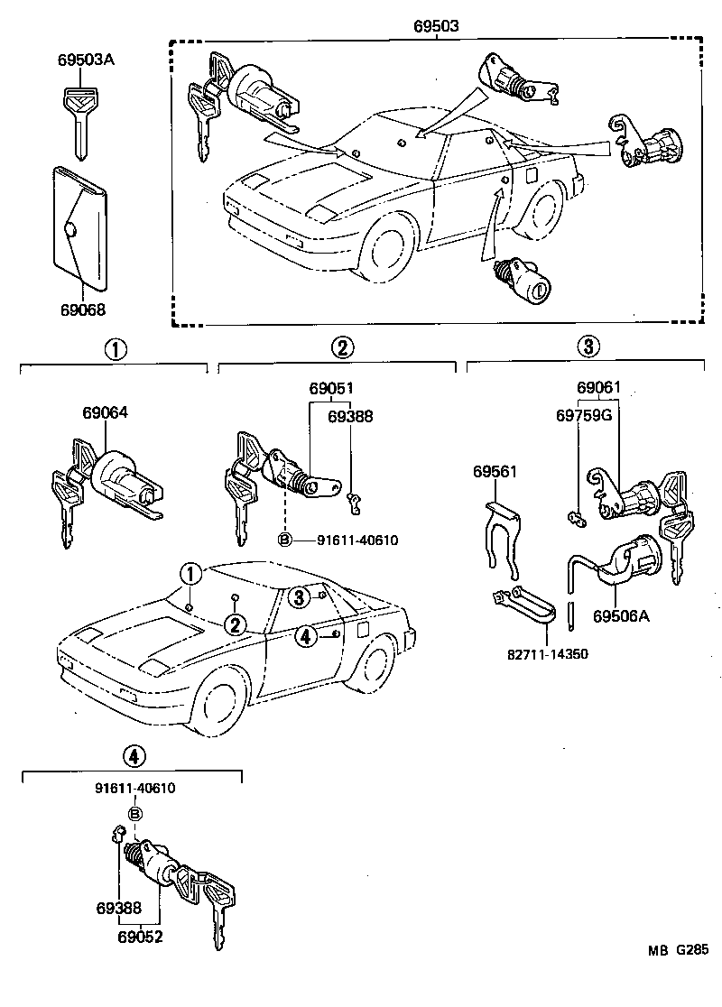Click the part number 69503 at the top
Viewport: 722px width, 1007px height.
[x=438, y=27]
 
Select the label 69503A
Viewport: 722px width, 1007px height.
[x=86, y=60]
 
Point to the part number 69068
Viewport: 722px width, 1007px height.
[x=83, y=309]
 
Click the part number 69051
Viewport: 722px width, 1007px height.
[x=331, y=388]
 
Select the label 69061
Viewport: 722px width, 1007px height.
[x=599, y=388]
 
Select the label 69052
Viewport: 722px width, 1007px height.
[x=139, y=937]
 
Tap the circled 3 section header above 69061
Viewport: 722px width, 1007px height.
[x=587, y=346]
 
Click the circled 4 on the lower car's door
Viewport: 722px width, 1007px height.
[x=306, y=636]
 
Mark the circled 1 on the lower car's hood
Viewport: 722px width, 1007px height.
[x=190, y=572]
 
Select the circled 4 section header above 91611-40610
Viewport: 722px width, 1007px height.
[x=133, y=756]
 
